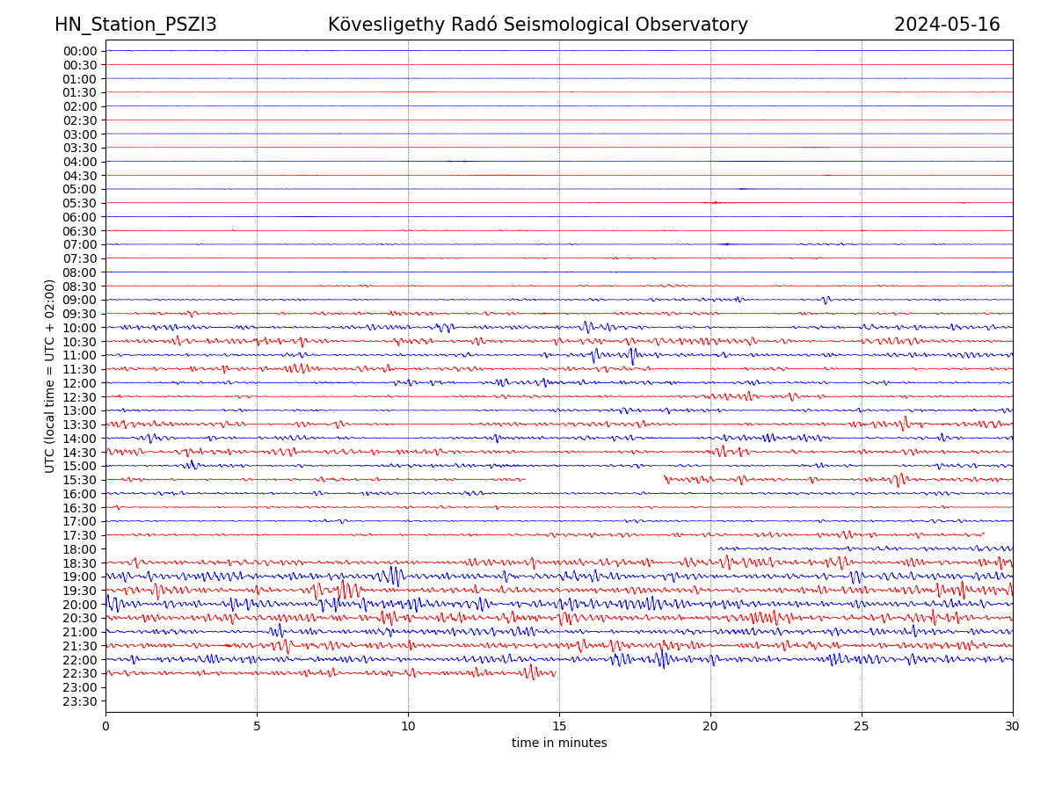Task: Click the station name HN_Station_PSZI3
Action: [135, 25]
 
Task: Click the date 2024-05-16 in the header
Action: [947, 25]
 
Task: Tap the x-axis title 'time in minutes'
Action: [559, 743]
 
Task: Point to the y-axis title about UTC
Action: [50, 375]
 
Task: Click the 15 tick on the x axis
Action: [559, 726]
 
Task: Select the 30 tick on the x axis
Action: [1013, 726]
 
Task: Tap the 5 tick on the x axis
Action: [257, 726]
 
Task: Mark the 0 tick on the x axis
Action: [105, 726]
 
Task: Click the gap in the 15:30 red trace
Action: [594, 479]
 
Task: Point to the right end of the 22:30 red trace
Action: [555, 674]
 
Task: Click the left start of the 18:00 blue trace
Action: [719, 548]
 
